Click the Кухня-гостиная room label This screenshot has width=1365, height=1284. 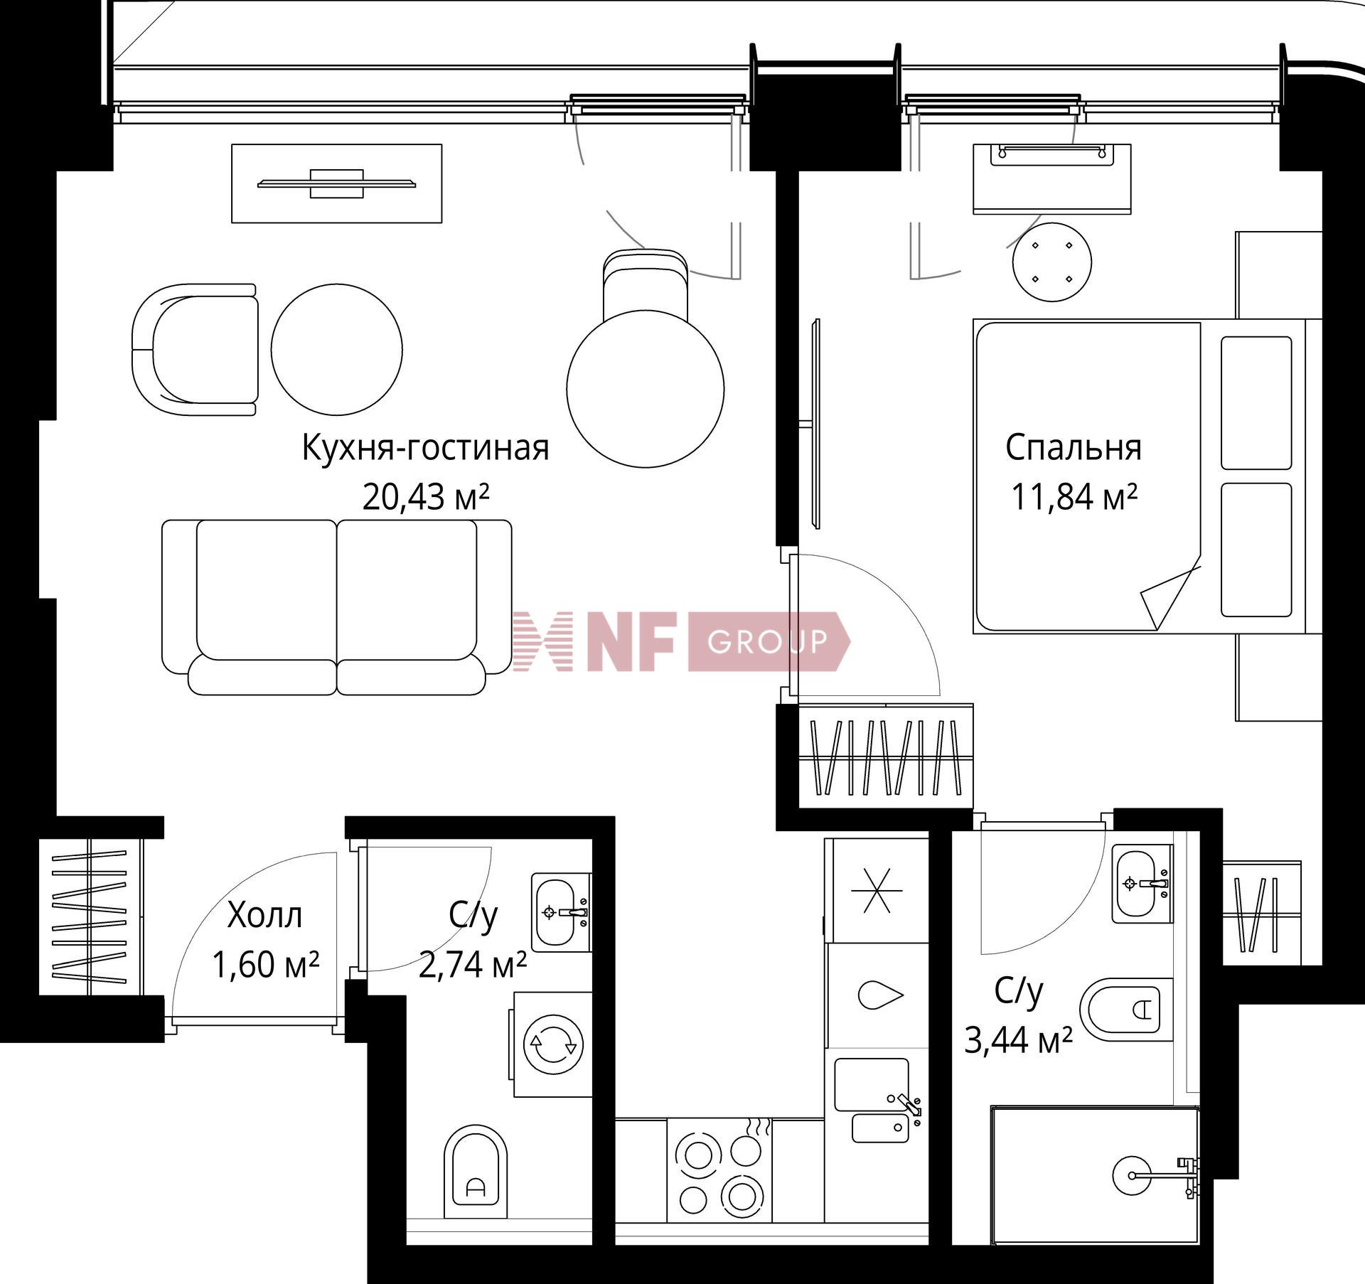click(x=425, y=449)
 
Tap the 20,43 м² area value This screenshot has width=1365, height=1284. click(x=425, y=496)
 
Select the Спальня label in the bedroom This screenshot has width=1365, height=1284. click(x=1074, y=449)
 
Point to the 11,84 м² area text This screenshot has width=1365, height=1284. click(x=1074, y=496)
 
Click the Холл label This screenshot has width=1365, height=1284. click(x=264, y=916)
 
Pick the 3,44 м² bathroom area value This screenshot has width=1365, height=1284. click(x=1018, y=1042)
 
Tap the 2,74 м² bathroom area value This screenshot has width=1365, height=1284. click(x=472, y=964)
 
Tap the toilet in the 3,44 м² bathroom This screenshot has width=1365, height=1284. click(x=1126, y=1010)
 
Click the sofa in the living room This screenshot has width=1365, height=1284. click(x=337, y=607)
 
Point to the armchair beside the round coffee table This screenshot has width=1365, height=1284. click(x=195, y=350)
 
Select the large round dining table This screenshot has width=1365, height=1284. click(x=646, y=389)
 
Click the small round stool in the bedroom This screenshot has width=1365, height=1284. click(x=1052, y=262)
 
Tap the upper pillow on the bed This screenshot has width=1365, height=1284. click(x=1256, y=403)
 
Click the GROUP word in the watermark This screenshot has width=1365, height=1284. click(x=768, y=642)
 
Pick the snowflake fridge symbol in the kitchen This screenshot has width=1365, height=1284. click(x=881, y=891)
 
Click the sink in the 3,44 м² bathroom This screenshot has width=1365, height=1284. click(x=1142, y=884)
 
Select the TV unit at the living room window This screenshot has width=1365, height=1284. click(x=337, y=183)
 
